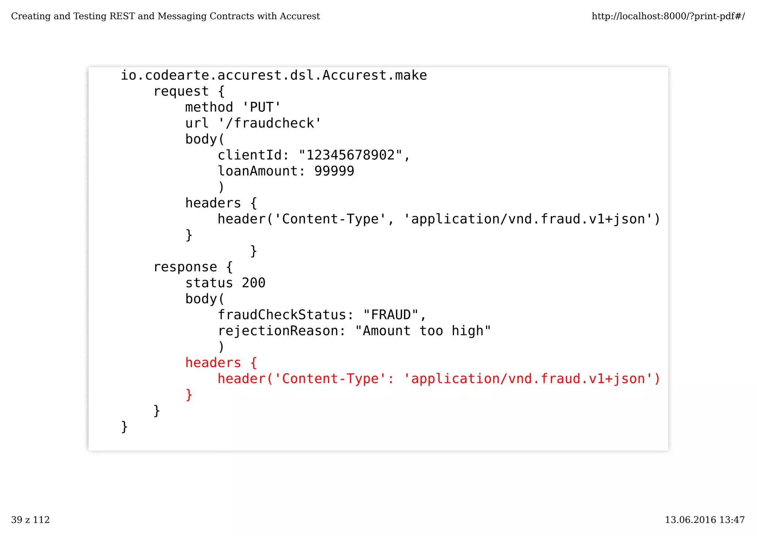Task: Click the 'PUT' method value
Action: point(262,107)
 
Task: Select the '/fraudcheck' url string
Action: point(270,123)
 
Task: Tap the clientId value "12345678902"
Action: point(350,155)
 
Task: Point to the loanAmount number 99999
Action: point(334,171)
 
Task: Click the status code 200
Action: point(254,283)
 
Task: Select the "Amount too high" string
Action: point(423,331)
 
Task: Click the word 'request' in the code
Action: point(181,91)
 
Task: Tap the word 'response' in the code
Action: point(185,267)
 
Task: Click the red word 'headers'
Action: point(213,363)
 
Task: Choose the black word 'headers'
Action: point(213,203)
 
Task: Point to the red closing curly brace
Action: point(189,395)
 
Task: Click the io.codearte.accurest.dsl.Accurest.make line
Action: point(274,76)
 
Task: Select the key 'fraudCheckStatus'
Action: point(282,315)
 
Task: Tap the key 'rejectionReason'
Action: point(278,331)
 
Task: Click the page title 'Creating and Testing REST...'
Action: point(165,16)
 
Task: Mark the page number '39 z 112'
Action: point(30,520)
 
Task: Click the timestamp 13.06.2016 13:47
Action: point(705,520)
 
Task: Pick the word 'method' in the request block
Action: point(209,107)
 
